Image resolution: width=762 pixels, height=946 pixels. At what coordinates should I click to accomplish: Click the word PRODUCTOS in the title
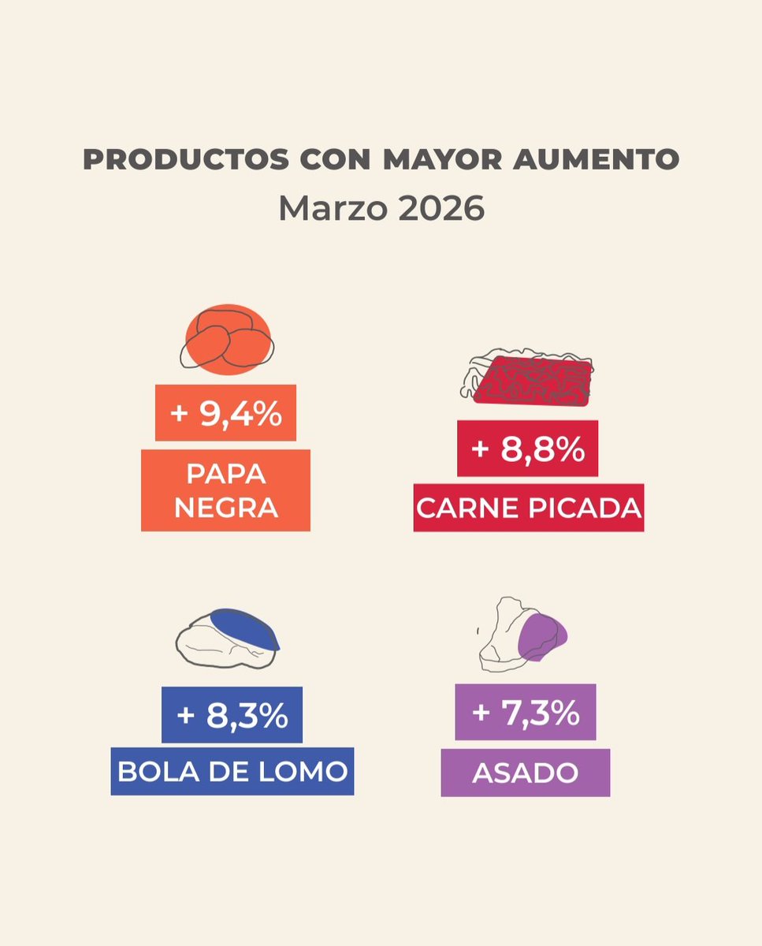[184, 160]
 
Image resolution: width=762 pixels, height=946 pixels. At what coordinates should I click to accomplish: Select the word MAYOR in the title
[435, 160]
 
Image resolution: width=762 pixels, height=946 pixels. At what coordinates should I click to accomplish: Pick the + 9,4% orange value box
[225, 413]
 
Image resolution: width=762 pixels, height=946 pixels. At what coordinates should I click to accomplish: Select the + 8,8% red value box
[527, 449]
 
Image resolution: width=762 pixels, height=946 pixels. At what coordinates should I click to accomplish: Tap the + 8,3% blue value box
[232, 715]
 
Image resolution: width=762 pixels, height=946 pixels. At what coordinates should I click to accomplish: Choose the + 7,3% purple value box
[526, 712]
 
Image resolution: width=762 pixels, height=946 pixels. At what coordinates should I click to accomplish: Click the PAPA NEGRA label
[225, 490]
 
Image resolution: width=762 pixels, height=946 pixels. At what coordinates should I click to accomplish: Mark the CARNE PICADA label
[529, 508]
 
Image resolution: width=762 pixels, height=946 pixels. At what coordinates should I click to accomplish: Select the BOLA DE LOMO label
[232, 771]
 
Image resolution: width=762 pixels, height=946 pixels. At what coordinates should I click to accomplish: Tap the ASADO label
[525, 773]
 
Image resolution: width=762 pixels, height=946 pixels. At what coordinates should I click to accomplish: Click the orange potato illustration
[228, 339]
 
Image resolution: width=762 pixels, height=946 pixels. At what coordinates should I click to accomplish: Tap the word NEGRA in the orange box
[225, 507]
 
